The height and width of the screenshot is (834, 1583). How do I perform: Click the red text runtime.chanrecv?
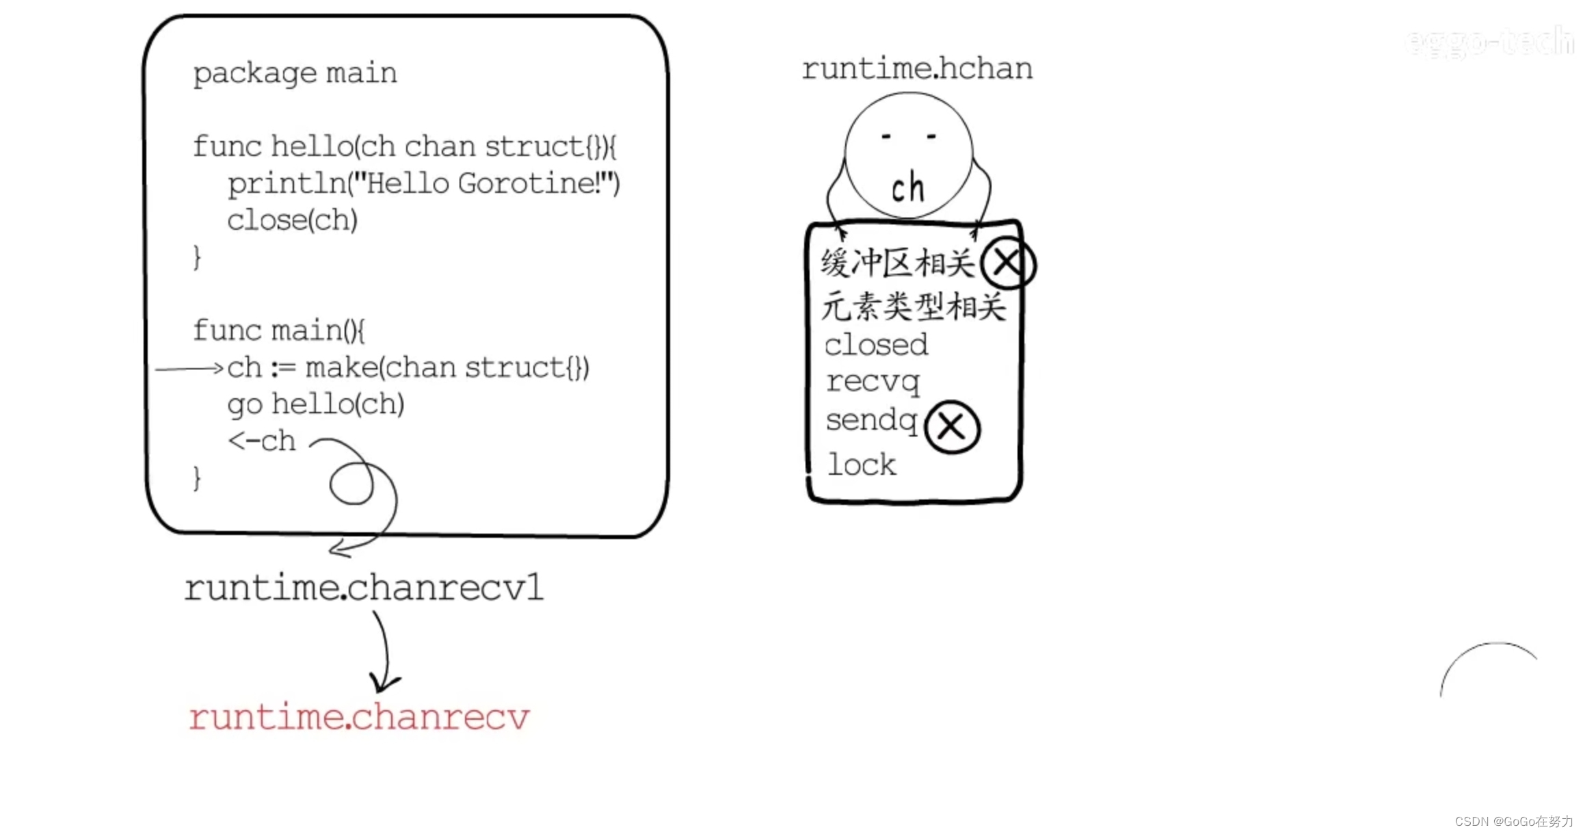click(x=359, y=717)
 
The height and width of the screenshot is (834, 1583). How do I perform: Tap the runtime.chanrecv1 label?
click(x=364, y=588)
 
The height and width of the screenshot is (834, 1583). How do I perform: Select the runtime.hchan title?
click(x=917, y=69)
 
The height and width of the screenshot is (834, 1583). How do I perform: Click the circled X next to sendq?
click(x=952, y=427)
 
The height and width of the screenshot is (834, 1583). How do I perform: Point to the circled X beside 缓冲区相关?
click(x=1007, y=263)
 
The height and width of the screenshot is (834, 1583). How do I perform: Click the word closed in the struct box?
click(x=876, y=345)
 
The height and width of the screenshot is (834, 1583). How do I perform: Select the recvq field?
click(x=873, y=382)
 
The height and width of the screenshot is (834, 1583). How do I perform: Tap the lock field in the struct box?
click(x=862, y=465)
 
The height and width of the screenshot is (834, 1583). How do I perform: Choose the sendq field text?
click(x=871, y=420)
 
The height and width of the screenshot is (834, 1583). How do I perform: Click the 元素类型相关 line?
click(x=914, y=306)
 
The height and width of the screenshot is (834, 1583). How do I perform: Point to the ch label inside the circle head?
click(x=908, y=188)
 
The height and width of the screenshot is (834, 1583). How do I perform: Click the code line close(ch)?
click(x=292, y=220)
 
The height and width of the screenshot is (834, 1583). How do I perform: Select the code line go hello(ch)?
click(x=315, y=404)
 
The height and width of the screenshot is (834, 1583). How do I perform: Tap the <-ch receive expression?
click(x=262, y=441)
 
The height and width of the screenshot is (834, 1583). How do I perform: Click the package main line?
click(x=295, y=73)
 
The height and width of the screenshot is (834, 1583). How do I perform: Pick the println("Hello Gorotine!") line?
click(x=423, y=183)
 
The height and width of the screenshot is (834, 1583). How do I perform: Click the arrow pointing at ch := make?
click(x=189, y=369)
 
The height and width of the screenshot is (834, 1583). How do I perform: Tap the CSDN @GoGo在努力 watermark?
click(x=1513, y=821)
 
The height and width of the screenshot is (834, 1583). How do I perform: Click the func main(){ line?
click(x=279, y=330)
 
